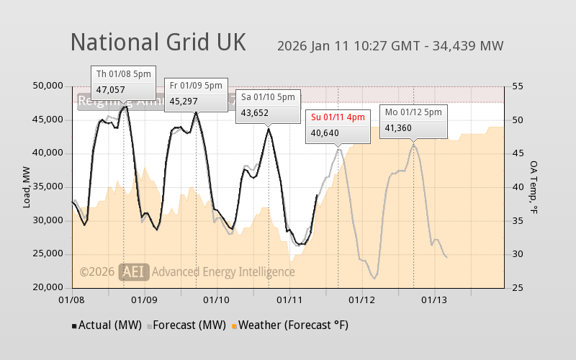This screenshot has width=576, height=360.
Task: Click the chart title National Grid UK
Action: pos(158,42)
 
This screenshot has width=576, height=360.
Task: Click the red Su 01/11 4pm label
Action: pos(338,117)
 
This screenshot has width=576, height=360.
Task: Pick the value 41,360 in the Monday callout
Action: pos(399,128)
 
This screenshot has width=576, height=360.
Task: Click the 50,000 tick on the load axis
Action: pos(49,86)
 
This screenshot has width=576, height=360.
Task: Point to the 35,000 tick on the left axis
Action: pos(49,186)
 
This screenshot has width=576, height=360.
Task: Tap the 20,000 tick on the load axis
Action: pos(49,288)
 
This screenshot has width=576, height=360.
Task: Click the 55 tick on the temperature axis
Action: pos(517,86)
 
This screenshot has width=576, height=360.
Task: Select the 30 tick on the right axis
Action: pos(517,254)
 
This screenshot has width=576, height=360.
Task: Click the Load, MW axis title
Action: pos(27,186)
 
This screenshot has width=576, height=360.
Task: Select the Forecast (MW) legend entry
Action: pos(188,325)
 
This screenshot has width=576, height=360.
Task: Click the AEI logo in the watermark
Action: pos(135,271)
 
